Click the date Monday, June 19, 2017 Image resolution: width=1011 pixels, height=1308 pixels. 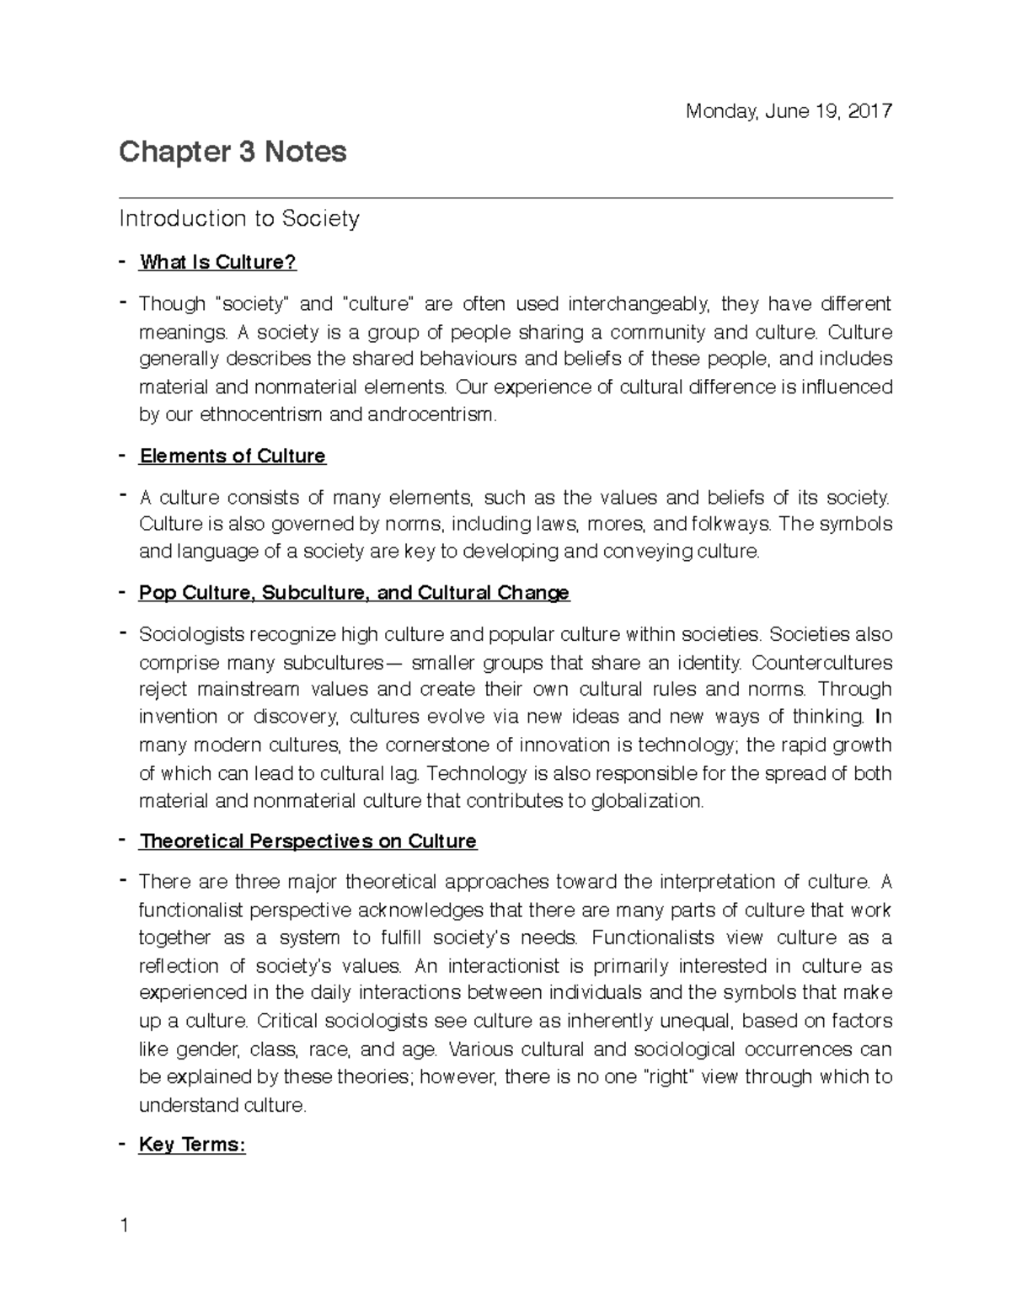(x=789, y=111)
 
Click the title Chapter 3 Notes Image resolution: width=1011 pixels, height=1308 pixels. (x=233, y=152)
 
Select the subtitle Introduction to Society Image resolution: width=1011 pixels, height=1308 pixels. (x=239, y=219)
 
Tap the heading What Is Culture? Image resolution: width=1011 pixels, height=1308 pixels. (x=218, y=262)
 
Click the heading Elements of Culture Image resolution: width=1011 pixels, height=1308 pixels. (x=233, y=456)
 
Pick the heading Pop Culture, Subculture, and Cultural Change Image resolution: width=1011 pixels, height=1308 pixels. (x=354, y=593)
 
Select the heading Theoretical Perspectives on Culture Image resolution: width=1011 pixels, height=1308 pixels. (x=308, y=841)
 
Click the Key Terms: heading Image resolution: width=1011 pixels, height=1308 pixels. (x=192, y=1145)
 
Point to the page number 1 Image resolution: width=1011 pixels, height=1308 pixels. (x=125, y=1225)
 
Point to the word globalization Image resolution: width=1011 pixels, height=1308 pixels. (x=646, y=801)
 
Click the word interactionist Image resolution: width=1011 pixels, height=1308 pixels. (x=504, y=966)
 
